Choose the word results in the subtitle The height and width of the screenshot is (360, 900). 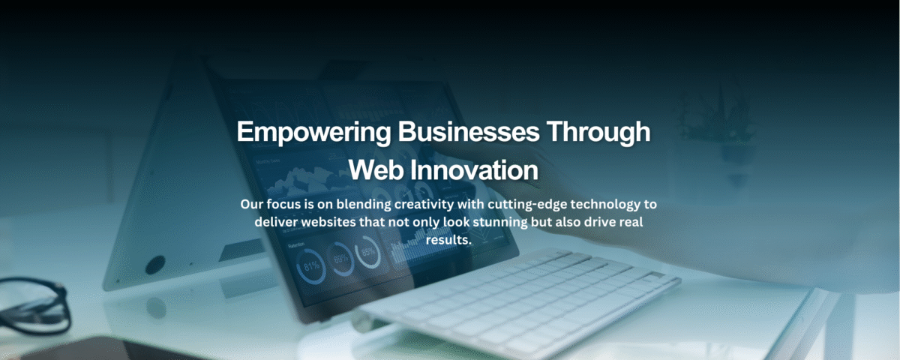click(448, 240)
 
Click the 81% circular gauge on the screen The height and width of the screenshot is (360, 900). click(310, 265)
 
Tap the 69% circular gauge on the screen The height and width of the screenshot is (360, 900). click(341, 259)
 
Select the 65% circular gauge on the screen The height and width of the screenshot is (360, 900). click(368, 253)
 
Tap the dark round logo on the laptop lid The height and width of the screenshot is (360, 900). click(155, 264)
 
